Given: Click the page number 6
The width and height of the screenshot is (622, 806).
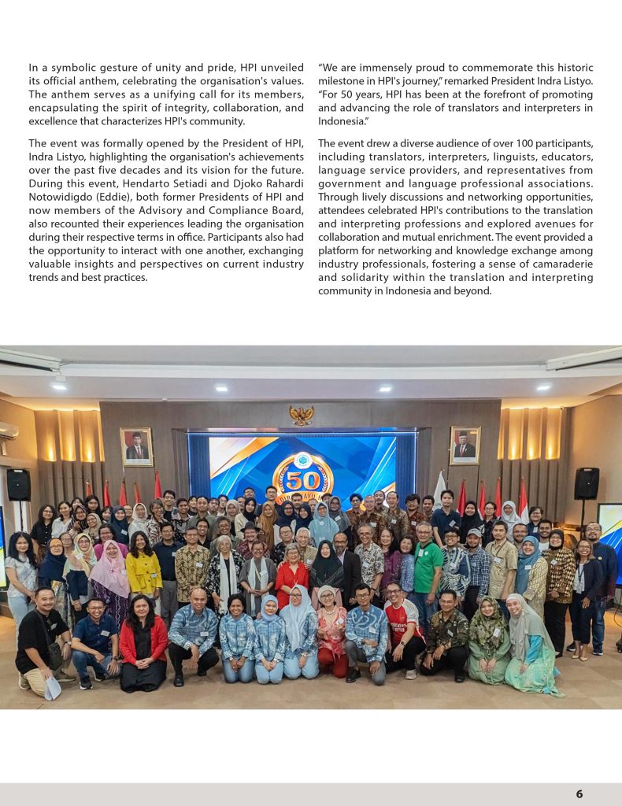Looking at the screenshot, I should coord(579,793).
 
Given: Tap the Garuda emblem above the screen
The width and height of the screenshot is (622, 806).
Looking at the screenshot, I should coord(301,416).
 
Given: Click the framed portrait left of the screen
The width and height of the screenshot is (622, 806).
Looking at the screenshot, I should coord(136,447).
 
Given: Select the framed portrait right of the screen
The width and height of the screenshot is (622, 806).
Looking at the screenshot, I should coord(465,445).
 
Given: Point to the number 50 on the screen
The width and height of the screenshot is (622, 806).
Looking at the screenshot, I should coord(302,481).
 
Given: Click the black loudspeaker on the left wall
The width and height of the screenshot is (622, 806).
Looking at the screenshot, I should coord(18,485).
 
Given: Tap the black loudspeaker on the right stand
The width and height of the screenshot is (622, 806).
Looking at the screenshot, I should coord(586,483).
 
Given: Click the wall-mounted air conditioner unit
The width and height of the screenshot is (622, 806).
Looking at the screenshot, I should coord(7,431).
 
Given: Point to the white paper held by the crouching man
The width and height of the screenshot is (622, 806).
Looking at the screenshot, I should coord(52,688).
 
